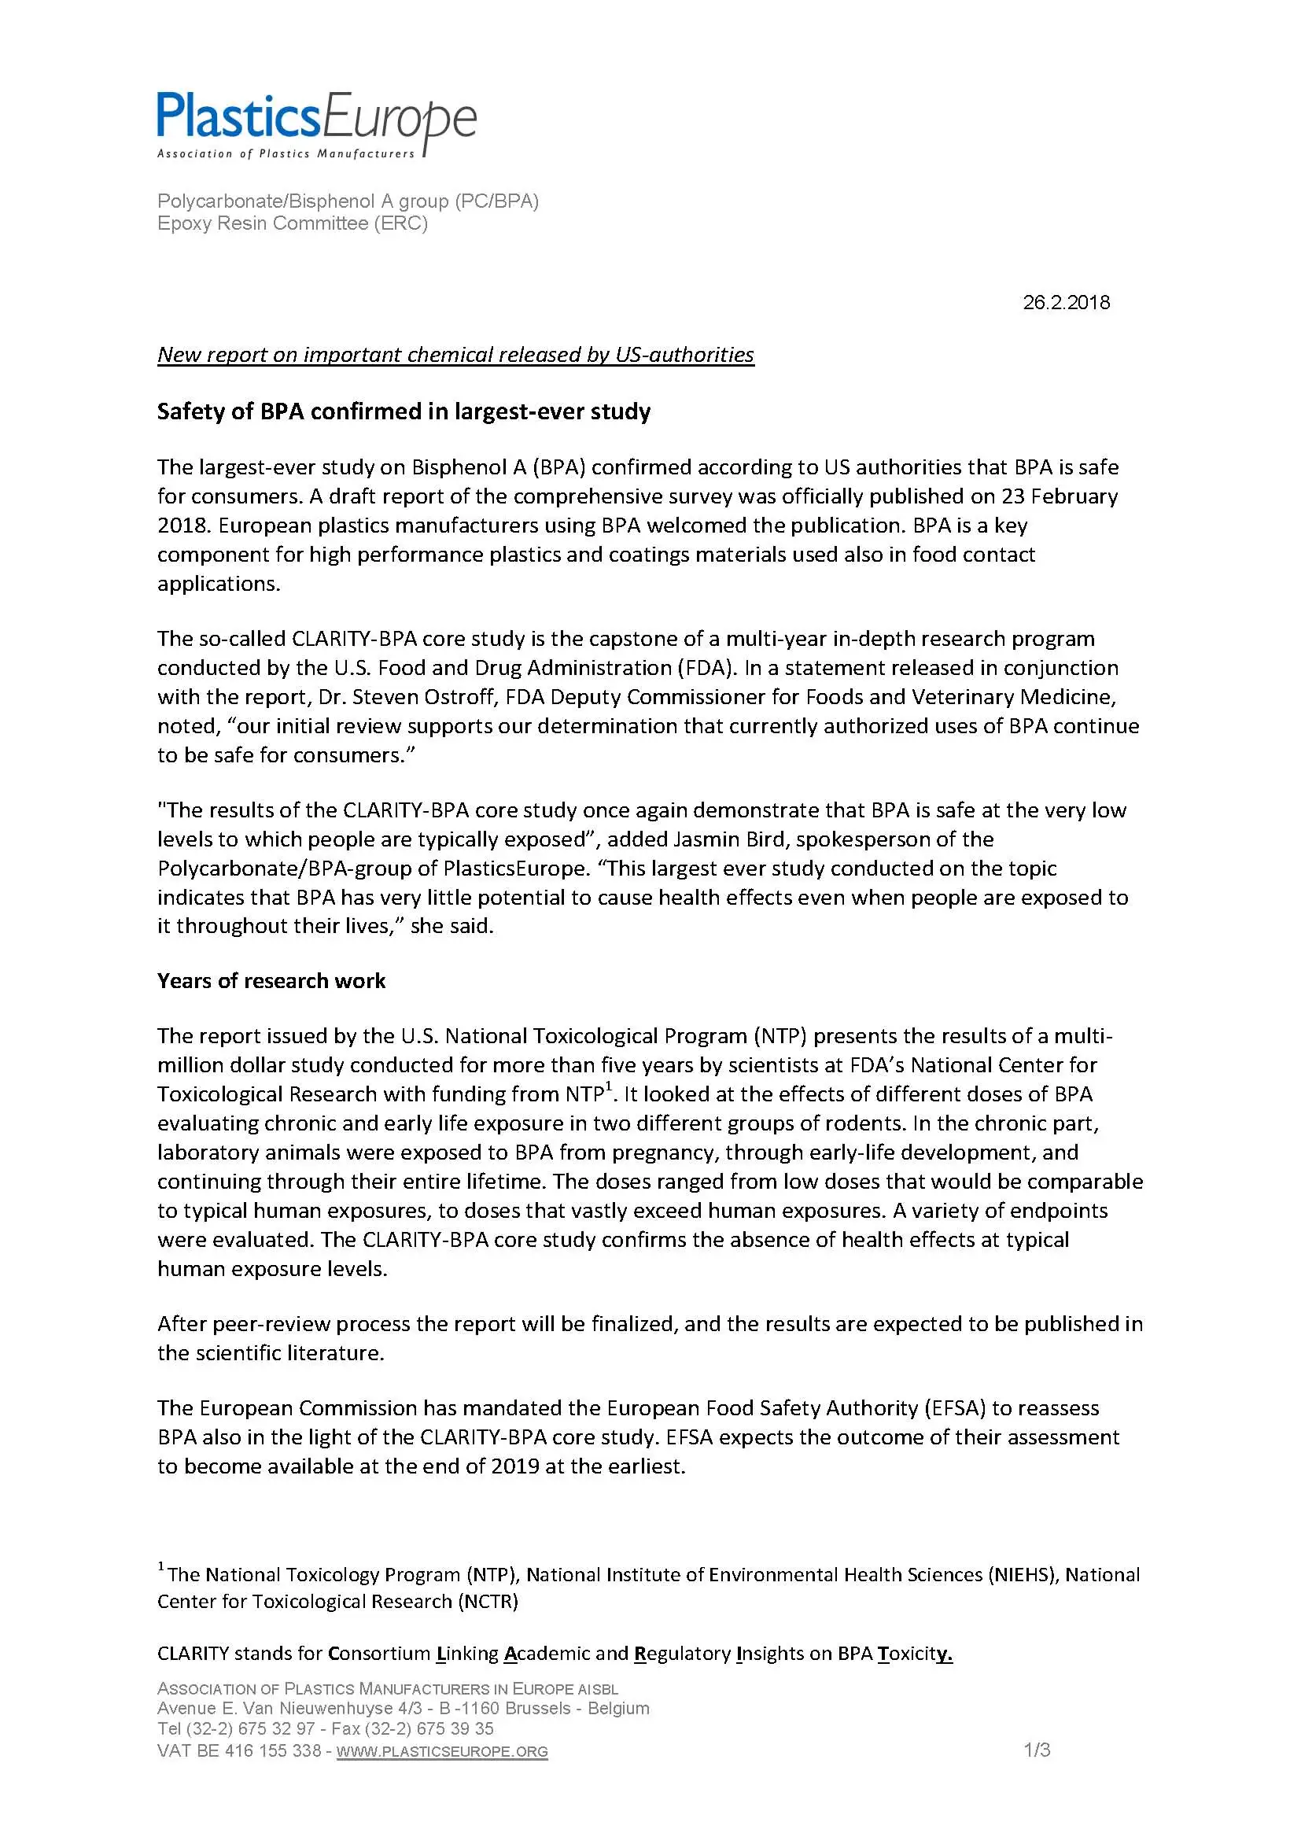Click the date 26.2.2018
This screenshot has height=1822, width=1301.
point(1066,303)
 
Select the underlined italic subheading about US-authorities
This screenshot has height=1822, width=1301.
point(455,355)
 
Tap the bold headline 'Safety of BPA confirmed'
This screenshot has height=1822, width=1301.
point(404,411)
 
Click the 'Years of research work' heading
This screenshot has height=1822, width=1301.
point(271,981)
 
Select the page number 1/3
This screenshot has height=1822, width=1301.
point(1037,1750)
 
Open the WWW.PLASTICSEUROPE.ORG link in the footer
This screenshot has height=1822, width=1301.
point(442,1751)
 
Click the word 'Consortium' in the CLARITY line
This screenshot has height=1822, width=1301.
point(379,1653)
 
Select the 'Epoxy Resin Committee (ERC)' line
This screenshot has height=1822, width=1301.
point(293,223)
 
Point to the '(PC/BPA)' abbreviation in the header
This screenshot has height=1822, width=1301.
point(496,201)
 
